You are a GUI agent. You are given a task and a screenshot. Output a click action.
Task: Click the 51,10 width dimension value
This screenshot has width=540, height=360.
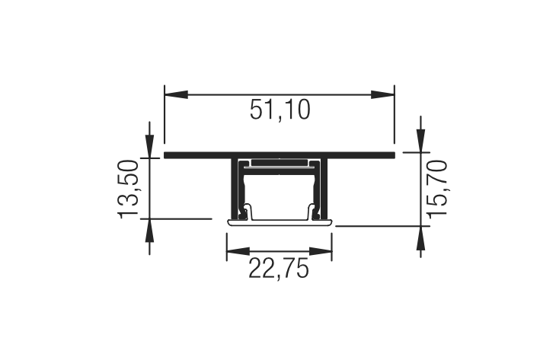(x=280, y=110)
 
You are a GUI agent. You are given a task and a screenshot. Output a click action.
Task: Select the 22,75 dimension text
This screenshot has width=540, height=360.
(x=278, y=269)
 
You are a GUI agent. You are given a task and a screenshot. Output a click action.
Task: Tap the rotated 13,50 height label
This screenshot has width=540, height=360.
(x=129, y=189)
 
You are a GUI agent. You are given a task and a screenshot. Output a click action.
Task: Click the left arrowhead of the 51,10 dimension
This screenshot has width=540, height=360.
(x=177, y=94)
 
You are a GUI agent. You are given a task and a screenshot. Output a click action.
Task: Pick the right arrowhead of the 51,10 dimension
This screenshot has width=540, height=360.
(x=382, y=94)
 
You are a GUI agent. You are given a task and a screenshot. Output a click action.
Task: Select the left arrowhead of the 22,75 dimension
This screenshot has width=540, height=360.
(x=238, y=251)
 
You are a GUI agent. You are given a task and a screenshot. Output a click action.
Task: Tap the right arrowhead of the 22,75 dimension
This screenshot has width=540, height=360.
(x=321, y=251)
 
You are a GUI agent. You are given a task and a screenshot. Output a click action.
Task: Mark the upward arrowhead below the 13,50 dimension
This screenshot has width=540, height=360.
(x=149, y=231)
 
